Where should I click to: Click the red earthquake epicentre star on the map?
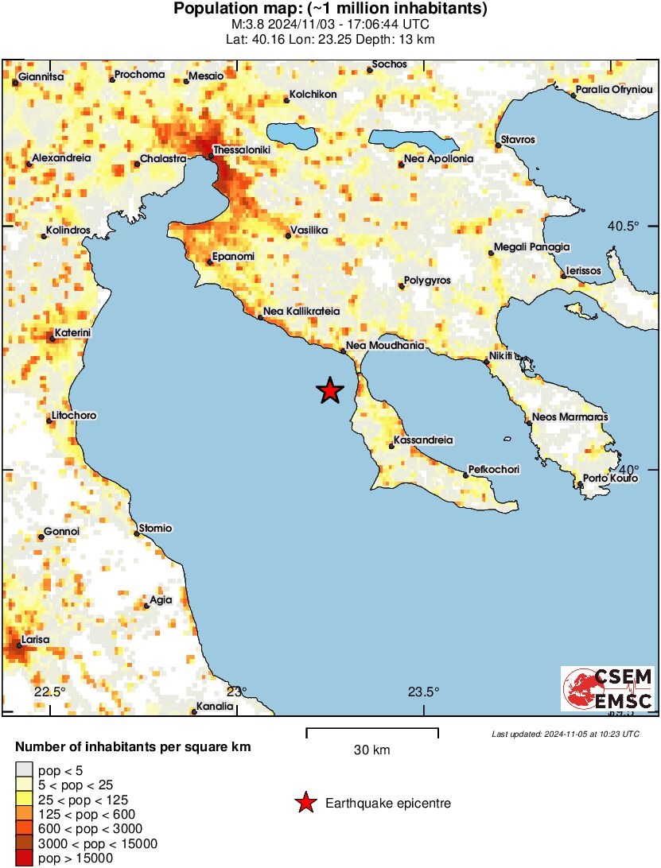329,390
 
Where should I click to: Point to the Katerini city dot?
52,339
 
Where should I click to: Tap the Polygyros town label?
428,281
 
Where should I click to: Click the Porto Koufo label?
610,479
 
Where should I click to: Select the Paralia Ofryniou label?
614,90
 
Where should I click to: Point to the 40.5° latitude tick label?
624,227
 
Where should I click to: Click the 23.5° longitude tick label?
424,692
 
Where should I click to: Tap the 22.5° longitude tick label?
50,692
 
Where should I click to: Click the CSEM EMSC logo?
608,688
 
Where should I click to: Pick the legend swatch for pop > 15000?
25,858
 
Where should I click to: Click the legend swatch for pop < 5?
25,769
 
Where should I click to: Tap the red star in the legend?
305,804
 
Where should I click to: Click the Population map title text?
330,10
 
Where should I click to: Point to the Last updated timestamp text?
565,734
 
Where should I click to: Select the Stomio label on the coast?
156,529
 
